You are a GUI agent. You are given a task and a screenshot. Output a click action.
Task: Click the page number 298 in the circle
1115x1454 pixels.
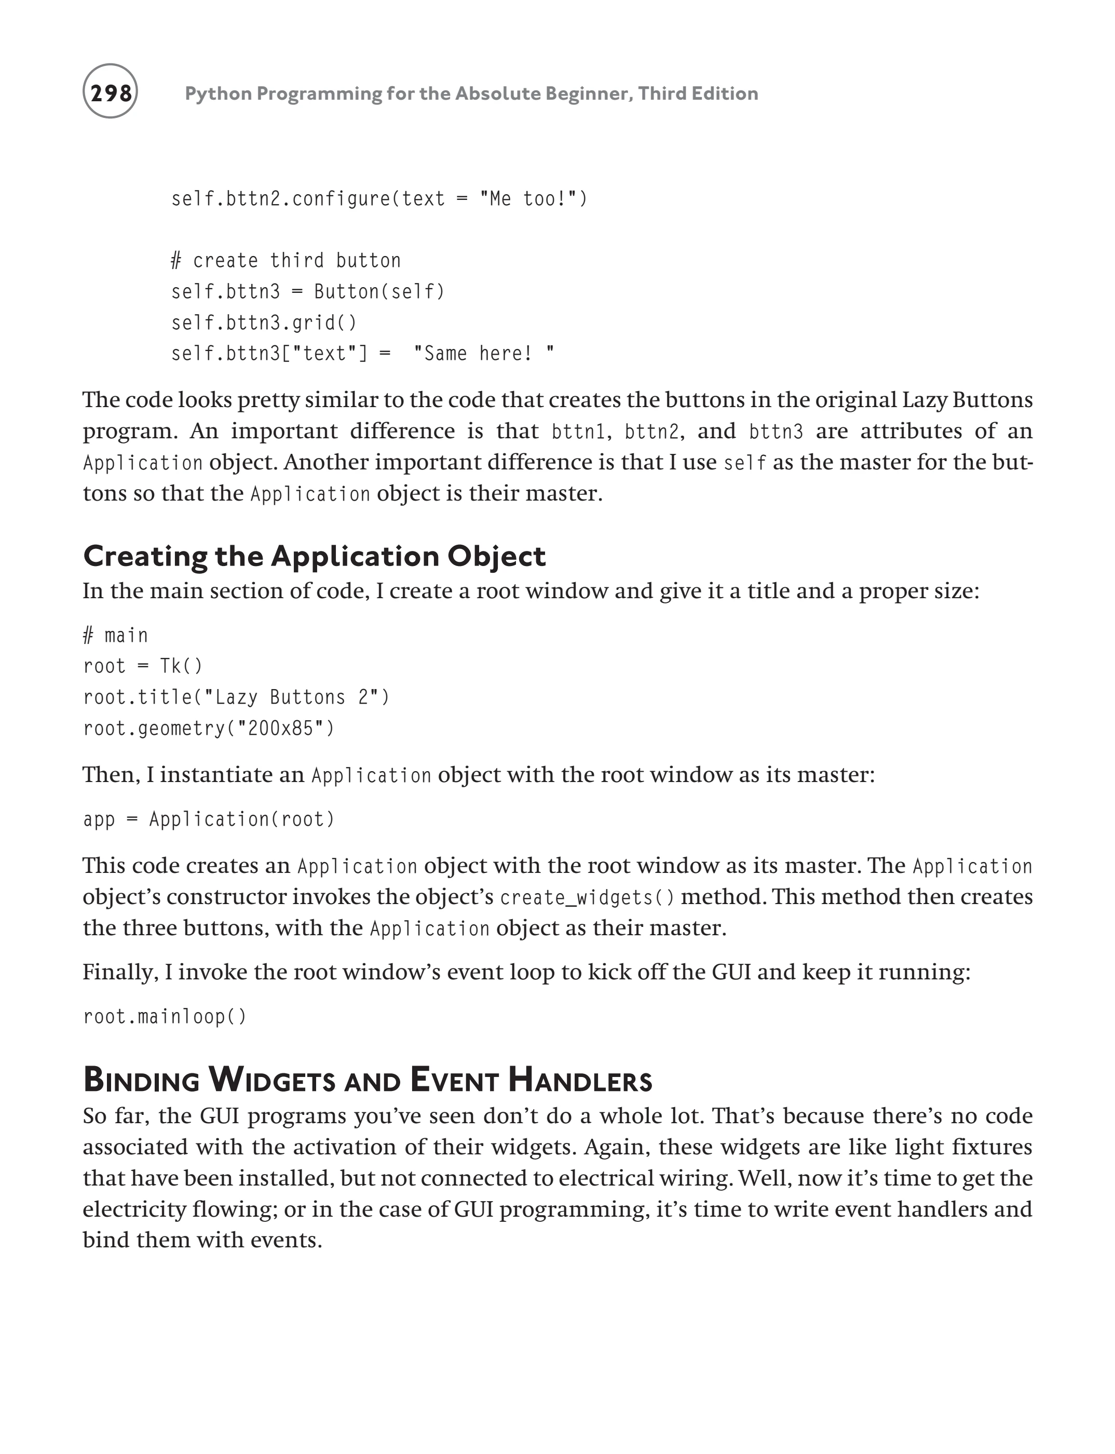[110, 92]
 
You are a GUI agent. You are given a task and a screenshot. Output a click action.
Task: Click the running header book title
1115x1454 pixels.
[471, 93]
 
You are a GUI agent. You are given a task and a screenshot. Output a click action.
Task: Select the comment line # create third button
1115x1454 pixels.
[286, 260]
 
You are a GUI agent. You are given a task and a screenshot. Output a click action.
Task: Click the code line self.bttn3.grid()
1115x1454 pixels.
[264, 322]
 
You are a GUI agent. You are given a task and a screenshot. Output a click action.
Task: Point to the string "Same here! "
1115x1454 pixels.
[483, 353]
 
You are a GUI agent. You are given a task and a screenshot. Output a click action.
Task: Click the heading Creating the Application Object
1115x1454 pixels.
[314, 556]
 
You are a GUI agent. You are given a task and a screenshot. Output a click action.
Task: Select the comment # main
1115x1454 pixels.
[115, 636]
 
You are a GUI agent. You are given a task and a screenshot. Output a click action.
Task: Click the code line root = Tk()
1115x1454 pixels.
[143, 666]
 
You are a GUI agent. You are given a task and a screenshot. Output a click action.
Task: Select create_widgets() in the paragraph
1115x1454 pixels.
[588, 898]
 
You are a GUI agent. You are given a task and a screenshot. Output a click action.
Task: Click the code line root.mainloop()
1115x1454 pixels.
[165, 1016]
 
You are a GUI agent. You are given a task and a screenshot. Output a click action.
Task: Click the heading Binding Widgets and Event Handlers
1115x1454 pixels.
[368, 1080]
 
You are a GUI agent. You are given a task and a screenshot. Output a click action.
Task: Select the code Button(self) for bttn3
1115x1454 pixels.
[379, 291]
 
